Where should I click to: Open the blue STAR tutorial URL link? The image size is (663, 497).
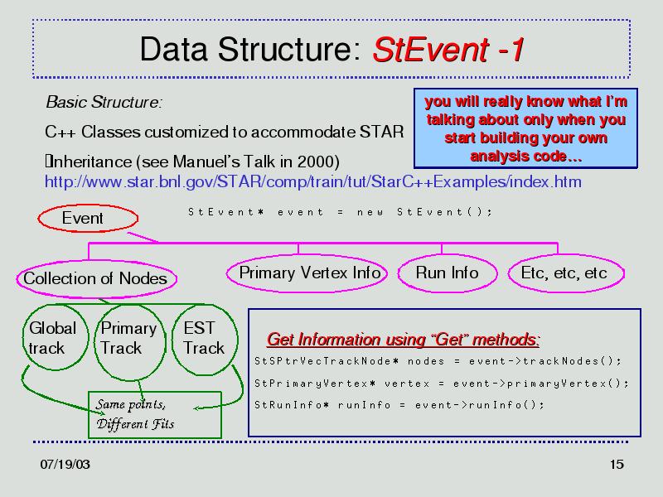click(313, 181)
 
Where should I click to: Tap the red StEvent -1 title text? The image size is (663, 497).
click(448, 50)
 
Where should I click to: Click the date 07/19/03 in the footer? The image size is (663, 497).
click(65, 464)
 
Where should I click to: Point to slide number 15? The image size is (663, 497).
click(617, 464)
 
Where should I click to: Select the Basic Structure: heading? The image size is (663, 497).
click(104, 102)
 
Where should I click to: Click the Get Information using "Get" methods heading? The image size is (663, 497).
click(403, 340)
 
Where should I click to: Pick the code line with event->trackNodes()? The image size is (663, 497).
click(438, 361)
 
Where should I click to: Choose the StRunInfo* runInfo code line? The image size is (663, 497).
click(399, 405)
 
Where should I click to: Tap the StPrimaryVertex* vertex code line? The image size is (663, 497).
click(442, 384)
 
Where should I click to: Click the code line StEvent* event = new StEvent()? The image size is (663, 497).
click(341, 212)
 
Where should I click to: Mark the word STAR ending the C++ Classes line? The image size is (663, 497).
click(381, 132)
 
